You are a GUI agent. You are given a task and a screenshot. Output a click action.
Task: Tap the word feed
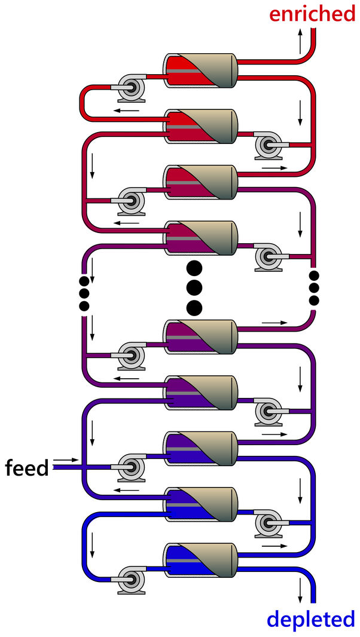click(x=26, y=468)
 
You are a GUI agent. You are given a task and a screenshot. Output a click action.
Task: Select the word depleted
click(x=310, y=620)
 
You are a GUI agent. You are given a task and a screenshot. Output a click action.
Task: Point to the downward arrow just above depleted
click(x=300, y=592)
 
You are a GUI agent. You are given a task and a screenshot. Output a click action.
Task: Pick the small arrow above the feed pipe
click(x=65, y=460)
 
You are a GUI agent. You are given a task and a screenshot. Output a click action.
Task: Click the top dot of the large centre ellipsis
click(x=194, y=267)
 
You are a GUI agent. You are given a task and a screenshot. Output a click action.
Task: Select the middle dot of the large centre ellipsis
click(x=194, y=287)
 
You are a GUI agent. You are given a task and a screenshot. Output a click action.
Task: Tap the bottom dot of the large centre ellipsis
click(x=194, y=308)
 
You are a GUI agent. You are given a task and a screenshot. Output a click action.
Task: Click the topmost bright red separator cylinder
click(x=201, y=71)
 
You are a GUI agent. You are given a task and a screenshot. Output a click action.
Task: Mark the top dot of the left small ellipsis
click(x=84, y=280)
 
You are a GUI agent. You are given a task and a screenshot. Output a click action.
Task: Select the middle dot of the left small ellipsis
click(x=84, y=293)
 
